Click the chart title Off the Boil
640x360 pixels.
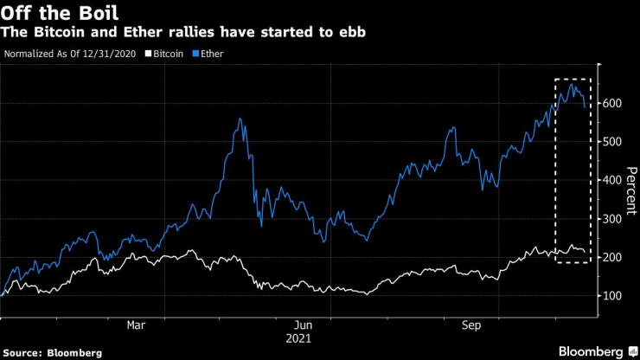coord(60,14)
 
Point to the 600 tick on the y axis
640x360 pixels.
coord(615,103)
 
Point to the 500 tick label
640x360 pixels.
coord(615,141)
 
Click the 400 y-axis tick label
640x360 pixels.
coord(615,180)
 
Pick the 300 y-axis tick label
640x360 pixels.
coord(615,218)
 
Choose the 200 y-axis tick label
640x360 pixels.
coord(615,257)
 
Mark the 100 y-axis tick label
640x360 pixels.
coord(615,296)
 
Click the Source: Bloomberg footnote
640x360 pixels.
coord(53,352)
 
